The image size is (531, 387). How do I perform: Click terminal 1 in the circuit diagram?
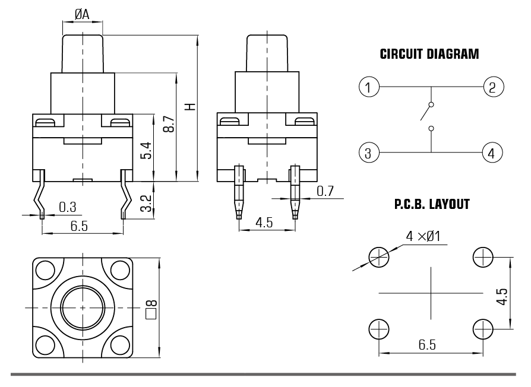tap(369, 87)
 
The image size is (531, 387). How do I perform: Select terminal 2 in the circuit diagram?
tap(492, 87)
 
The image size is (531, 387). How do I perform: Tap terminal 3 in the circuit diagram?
tap(369, 153)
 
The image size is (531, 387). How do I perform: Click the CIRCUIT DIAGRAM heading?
tap(429, 55)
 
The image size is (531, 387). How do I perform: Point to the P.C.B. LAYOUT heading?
tap(431, 205)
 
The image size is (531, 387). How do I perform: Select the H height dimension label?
tap(189, 107)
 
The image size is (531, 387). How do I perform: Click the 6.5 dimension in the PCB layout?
tap(429, 345)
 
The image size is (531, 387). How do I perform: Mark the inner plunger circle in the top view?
tap(83, 308)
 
